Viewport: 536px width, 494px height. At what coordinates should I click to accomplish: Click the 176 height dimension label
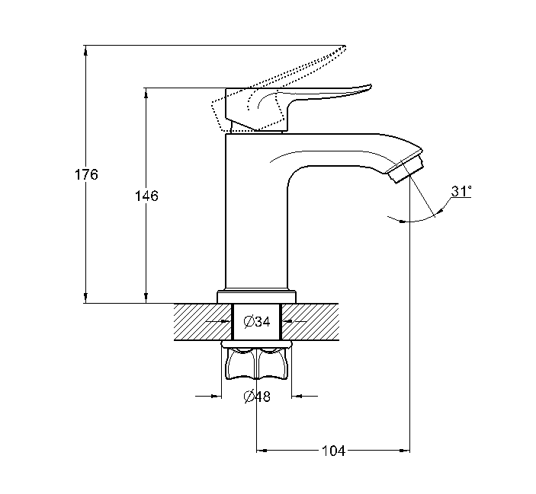[x=87, y=174]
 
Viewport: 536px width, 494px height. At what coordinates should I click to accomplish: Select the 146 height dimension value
[x=146, y=196]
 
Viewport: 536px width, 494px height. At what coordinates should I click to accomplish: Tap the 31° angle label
[x=461, y=192]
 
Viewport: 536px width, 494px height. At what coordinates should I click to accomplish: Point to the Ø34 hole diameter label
[x=257, y=322]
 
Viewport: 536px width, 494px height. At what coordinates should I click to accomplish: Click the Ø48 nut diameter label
[x=257, y=397]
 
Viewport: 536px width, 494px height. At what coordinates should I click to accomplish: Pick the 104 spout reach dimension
[x=332, y=451]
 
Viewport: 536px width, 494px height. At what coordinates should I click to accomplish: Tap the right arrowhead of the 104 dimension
[x=406, y=451]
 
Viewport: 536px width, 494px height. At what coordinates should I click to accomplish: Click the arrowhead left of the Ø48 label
[x=215, y=396]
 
